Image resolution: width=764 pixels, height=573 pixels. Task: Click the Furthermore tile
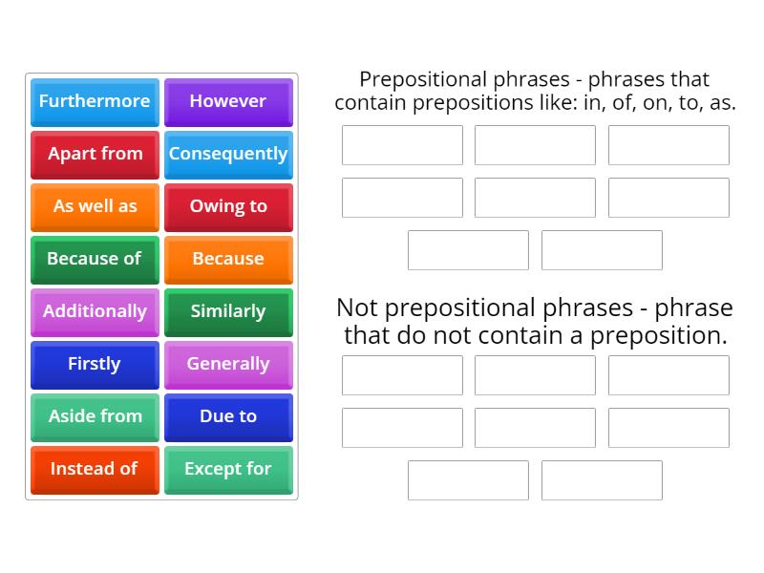coord(95,101)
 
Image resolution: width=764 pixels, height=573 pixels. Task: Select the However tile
coord(228,101)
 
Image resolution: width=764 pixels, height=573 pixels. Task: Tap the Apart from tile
coord(95,154)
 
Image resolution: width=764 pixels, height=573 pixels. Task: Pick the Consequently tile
coord(228,154)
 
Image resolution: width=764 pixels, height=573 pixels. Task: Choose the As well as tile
coord(95,206)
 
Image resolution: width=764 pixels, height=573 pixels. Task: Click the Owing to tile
coord(228,206)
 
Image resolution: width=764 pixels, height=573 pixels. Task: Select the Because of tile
coord(95,259)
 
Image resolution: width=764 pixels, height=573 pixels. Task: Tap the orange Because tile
coord(228,259)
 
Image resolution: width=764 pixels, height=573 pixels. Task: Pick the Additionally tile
coord(95,311)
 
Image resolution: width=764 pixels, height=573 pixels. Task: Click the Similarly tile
coord(228,311)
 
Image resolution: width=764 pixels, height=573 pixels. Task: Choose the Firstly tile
coord(95,364)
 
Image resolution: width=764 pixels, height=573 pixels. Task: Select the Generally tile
coord(228,364)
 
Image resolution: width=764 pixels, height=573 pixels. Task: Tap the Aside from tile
coord(95,416)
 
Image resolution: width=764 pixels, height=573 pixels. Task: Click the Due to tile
coord(228,416)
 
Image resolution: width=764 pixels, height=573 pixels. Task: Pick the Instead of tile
coord(95,469)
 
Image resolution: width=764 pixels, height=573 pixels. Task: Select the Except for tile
coord(228,469)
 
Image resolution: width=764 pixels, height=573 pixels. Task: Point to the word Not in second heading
coord(357,308)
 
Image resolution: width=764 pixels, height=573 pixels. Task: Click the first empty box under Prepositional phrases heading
coord(402,145)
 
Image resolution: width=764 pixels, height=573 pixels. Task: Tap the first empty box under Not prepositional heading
coord(402,375)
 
